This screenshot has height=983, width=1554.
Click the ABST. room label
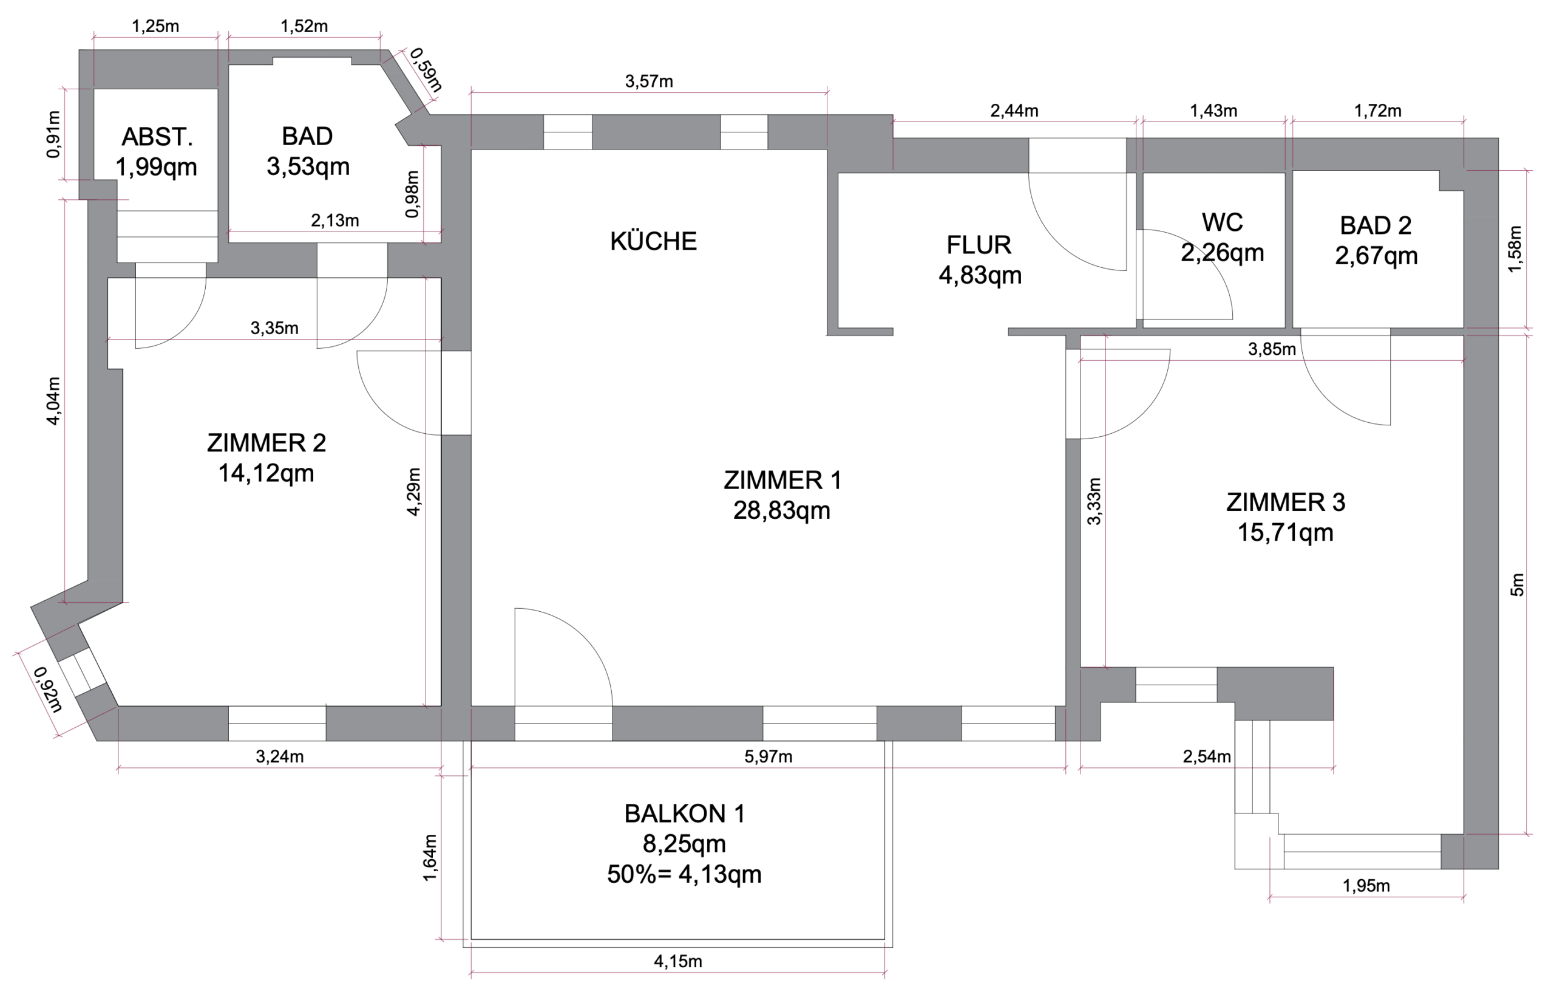tap(157, 137)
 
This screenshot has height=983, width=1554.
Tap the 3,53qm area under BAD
tap(308, 166)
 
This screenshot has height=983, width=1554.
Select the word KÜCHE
tap(653, 241)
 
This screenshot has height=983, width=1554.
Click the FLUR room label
tap(979, 245)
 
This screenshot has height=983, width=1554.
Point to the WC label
tap(1221, 222)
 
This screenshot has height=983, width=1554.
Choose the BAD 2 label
tap(1376, 225)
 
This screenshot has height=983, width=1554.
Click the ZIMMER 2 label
tap(266, 443)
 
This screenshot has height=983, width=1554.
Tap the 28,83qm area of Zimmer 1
tap(781, 511)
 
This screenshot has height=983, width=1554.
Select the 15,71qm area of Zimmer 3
tap(1285, 533)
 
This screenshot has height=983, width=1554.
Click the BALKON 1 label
tap(684, 813)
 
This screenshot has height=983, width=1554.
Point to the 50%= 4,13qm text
tap(684, 874)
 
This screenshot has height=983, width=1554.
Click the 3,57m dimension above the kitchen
tap(648, 81)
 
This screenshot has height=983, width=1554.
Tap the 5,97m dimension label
tap(768, 756)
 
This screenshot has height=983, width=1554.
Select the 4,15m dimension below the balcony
tap(677, 961)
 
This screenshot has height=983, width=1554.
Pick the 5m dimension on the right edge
tap(1517, 584)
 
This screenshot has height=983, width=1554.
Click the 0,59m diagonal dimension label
tap(426, 70)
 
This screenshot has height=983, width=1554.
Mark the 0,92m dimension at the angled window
tap(48, 690)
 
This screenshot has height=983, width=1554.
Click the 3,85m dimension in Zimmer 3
tap(1271, 349)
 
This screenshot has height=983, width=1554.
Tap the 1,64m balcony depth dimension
tap(430, 858)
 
